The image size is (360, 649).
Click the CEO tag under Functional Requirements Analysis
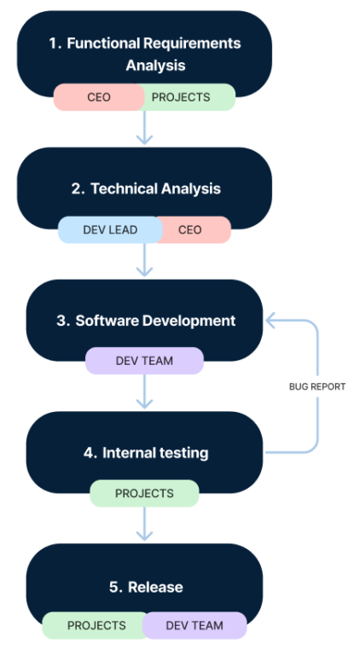[99, 97]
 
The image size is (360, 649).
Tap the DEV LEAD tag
[110, 229]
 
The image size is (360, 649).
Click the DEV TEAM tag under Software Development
[144, 361]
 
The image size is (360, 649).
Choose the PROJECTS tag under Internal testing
[144, 494]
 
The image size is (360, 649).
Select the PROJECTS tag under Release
[96, 625]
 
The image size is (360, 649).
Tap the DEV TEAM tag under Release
[195, 625]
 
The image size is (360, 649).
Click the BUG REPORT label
[317, 386]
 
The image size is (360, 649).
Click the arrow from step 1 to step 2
[144, 127]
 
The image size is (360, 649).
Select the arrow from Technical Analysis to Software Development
[144, 260]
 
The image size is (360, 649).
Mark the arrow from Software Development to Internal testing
[144, 391]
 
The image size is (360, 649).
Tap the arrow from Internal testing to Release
[144, 524]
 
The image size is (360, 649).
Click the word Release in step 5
[155, 587]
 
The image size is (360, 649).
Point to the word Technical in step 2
[125, 188]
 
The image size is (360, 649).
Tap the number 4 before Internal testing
[89, 453]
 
